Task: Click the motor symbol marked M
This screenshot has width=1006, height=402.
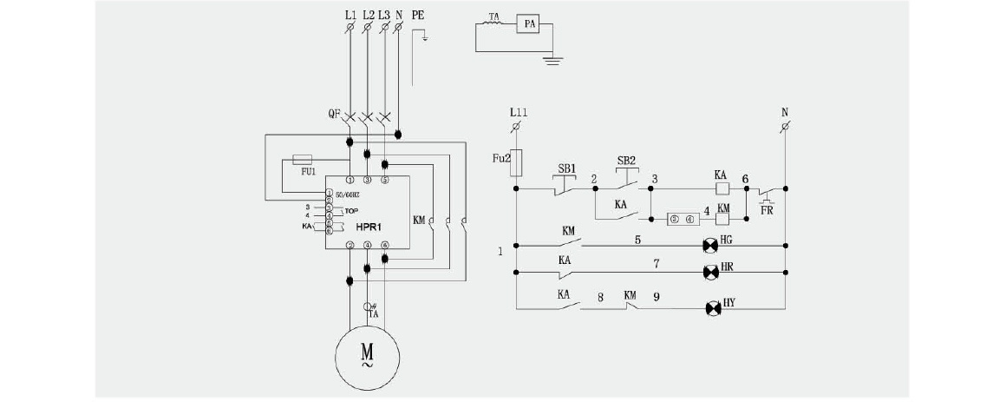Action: coord(367,356)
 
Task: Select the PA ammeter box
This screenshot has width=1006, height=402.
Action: coord(526,25)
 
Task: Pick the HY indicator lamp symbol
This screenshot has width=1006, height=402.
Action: coord(713,308)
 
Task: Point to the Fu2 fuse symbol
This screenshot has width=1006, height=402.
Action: coord(517,161)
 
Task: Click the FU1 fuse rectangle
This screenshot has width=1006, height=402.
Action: coord(304,160)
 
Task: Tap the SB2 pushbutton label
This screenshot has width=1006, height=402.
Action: coord(626,161)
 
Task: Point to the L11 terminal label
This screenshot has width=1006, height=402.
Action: coord(518,113)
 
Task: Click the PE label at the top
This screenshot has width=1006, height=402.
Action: coord(418,16)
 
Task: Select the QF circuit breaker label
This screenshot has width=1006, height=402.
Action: coord(334,114)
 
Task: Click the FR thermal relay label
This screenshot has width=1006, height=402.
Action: coord(766,209)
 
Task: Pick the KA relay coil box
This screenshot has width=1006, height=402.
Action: coord(720,188)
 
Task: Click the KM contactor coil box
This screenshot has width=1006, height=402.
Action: coord(722,219)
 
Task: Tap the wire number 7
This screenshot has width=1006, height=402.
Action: coord(656,261)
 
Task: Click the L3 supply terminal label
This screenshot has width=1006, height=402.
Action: coord(383,16)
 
